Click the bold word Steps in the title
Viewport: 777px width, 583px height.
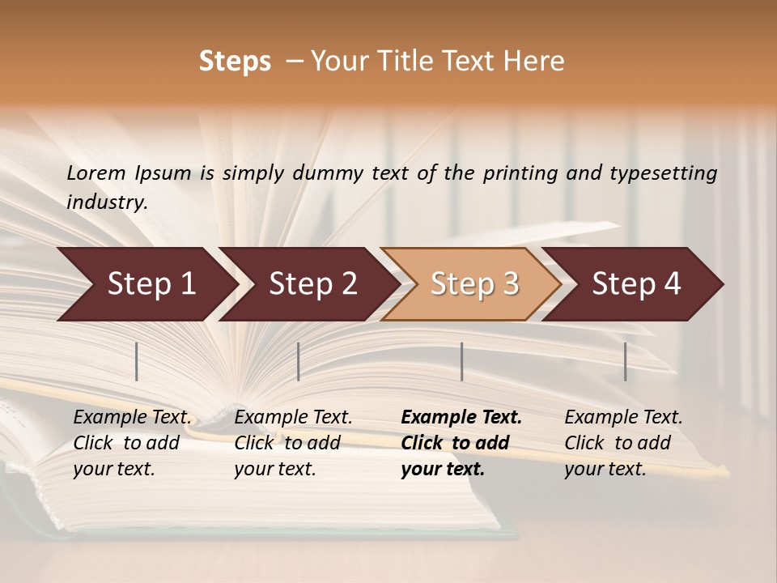tap(235, 62)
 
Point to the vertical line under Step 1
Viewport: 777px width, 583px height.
tap(137, 361)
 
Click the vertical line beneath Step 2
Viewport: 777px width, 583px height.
tap(299, 361)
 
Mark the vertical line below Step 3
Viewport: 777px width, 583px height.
tap(462, 361)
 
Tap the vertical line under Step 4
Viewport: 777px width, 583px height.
tap(626, 361)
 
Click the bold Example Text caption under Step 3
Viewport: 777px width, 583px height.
tap(461, 443)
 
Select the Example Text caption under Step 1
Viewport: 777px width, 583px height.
tap(132, 443)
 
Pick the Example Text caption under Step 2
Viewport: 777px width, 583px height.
tap(293, 443)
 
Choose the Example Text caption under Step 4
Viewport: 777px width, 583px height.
tap(623, 443)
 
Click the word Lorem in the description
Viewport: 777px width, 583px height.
tap(96, 173)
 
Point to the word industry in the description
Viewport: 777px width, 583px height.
tap(107, 202)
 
